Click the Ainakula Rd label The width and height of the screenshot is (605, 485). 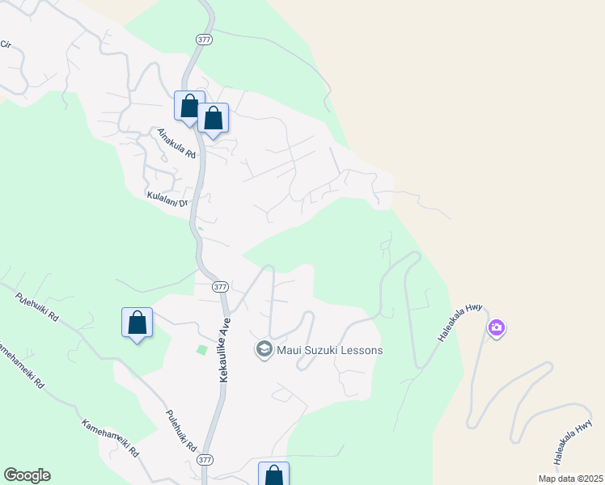(x=177, y=143)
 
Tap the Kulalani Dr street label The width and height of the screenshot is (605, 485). (x=167, y=198)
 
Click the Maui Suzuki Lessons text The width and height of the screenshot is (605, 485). (x=329, y=350)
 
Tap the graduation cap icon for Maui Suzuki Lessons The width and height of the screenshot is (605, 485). (x=264, y=349)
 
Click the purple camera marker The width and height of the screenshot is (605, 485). (x=496, y=328)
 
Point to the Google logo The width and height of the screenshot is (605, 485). (x=27, y=475)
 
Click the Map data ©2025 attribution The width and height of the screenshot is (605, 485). (x=570, y=479)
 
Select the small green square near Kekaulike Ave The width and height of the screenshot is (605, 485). (x=201, y=349)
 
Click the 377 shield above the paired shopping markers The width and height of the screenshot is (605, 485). (x=203, y=39)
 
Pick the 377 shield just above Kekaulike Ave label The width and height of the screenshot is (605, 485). (x=220, y=287)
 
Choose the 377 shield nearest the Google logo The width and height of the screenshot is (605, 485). (x=205, y=459)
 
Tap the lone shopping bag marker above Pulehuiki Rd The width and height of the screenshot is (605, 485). (x=137, y=323)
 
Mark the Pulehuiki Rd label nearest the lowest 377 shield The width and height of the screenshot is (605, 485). (x=181, y=431)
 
